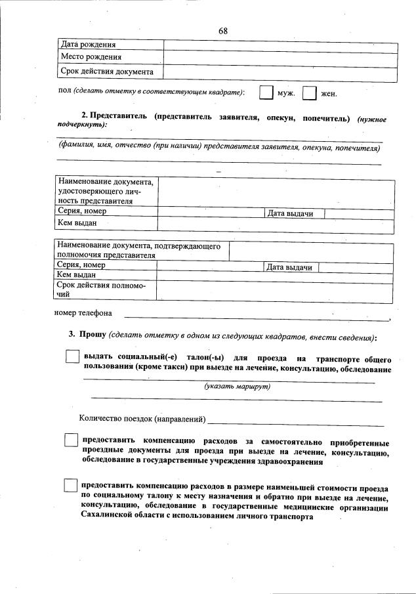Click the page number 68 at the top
click(x=223, y=31)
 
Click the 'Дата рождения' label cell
click(x=89, y=45)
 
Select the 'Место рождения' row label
click(x=91, y=57)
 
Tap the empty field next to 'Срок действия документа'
click(x=280, y=72)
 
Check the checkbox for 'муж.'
click(x=266, y=93)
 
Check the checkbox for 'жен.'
click(x=309, y=93)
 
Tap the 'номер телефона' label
click(x=83, y=313)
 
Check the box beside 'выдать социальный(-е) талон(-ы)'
click(x=72, y=356)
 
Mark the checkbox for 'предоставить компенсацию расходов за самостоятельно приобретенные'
click(x=71, y=441)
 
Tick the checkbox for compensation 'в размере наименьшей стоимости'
click(x=71, y=486)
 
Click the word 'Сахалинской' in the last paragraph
click(x=104, y=517)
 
